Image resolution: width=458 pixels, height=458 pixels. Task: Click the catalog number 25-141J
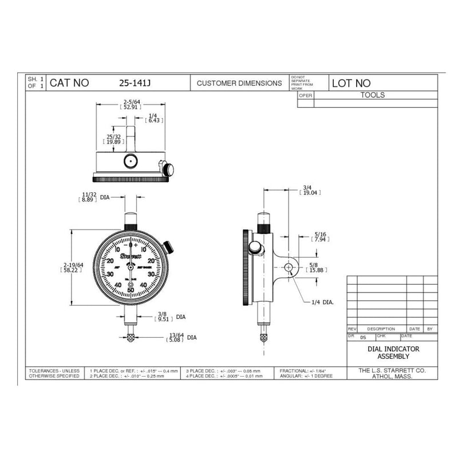tap(135, 83)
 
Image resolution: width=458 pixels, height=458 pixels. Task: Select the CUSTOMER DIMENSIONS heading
tap(239, 83)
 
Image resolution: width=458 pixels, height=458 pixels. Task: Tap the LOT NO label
tap(352, 84)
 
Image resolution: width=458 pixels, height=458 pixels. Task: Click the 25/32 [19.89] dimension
tap(113, 139)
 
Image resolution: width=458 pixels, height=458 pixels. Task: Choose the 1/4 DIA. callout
tap(323, 301)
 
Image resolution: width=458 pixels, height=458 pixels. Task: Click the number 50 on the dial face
tap(132, 290)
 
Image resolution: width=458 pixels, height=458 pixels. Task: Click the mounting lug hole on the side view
tap(290, 267)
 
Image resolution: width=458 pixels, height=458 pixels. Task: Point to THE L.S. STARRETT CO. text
tap(392, 371)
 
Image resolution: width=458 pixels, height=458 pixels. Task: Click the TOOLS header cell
tap(373, 95)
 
